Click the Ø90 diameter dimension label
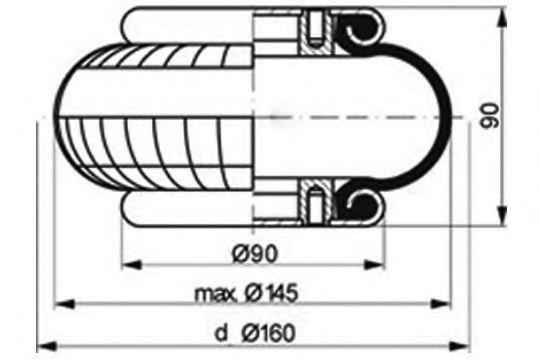coord(255,254)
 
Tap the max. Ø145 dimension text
coord(246,294)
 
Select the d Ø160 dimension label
coord(255,333)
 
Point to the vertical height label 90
coord(489,115)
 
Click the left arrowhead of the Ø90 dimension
coord(132,265)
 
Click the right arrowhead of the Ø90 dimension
coord(375,265)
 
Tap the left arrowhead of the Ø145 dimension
coord(65,304)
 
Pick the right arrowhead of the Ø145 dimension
coord(441,304)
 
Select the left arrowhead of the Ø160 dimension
coord(46,346)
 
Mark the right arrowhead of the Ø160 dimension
coord(460,346)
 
